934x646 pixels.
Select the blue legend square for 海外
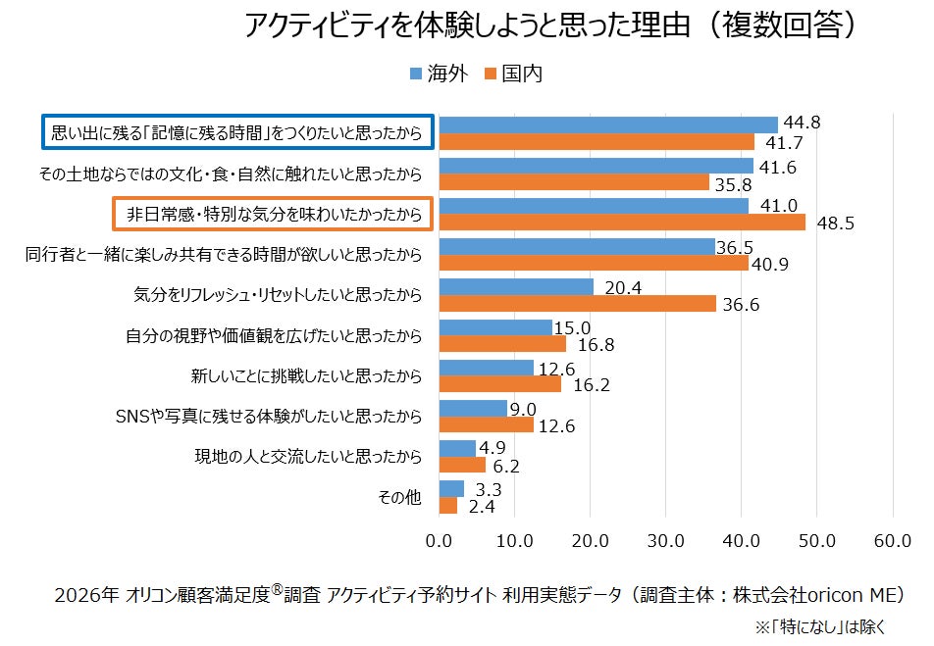coord(415,74)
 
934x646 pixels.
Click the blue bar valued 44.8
coord(608,124)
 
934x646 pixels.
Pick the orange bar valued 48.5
coord(622,222)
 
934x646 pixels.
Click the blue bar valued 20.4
coord(516,286)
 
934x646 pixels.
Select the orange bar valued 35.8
coord(574,182)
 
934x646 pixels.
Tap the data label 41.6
coord(777,167)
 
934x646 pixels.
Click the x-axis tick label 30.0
coord(665,540)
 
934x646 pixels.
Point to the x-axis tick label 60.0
coord(892,540)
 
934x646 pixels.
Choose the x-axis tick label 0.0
coord(439,540)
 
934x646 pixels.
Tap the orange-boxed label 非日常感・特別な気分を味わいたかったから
coord(269,214)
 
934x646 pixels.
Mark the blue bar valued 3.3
coord(451,488)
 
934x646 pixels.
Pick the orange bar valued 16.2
coord(499,383)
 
